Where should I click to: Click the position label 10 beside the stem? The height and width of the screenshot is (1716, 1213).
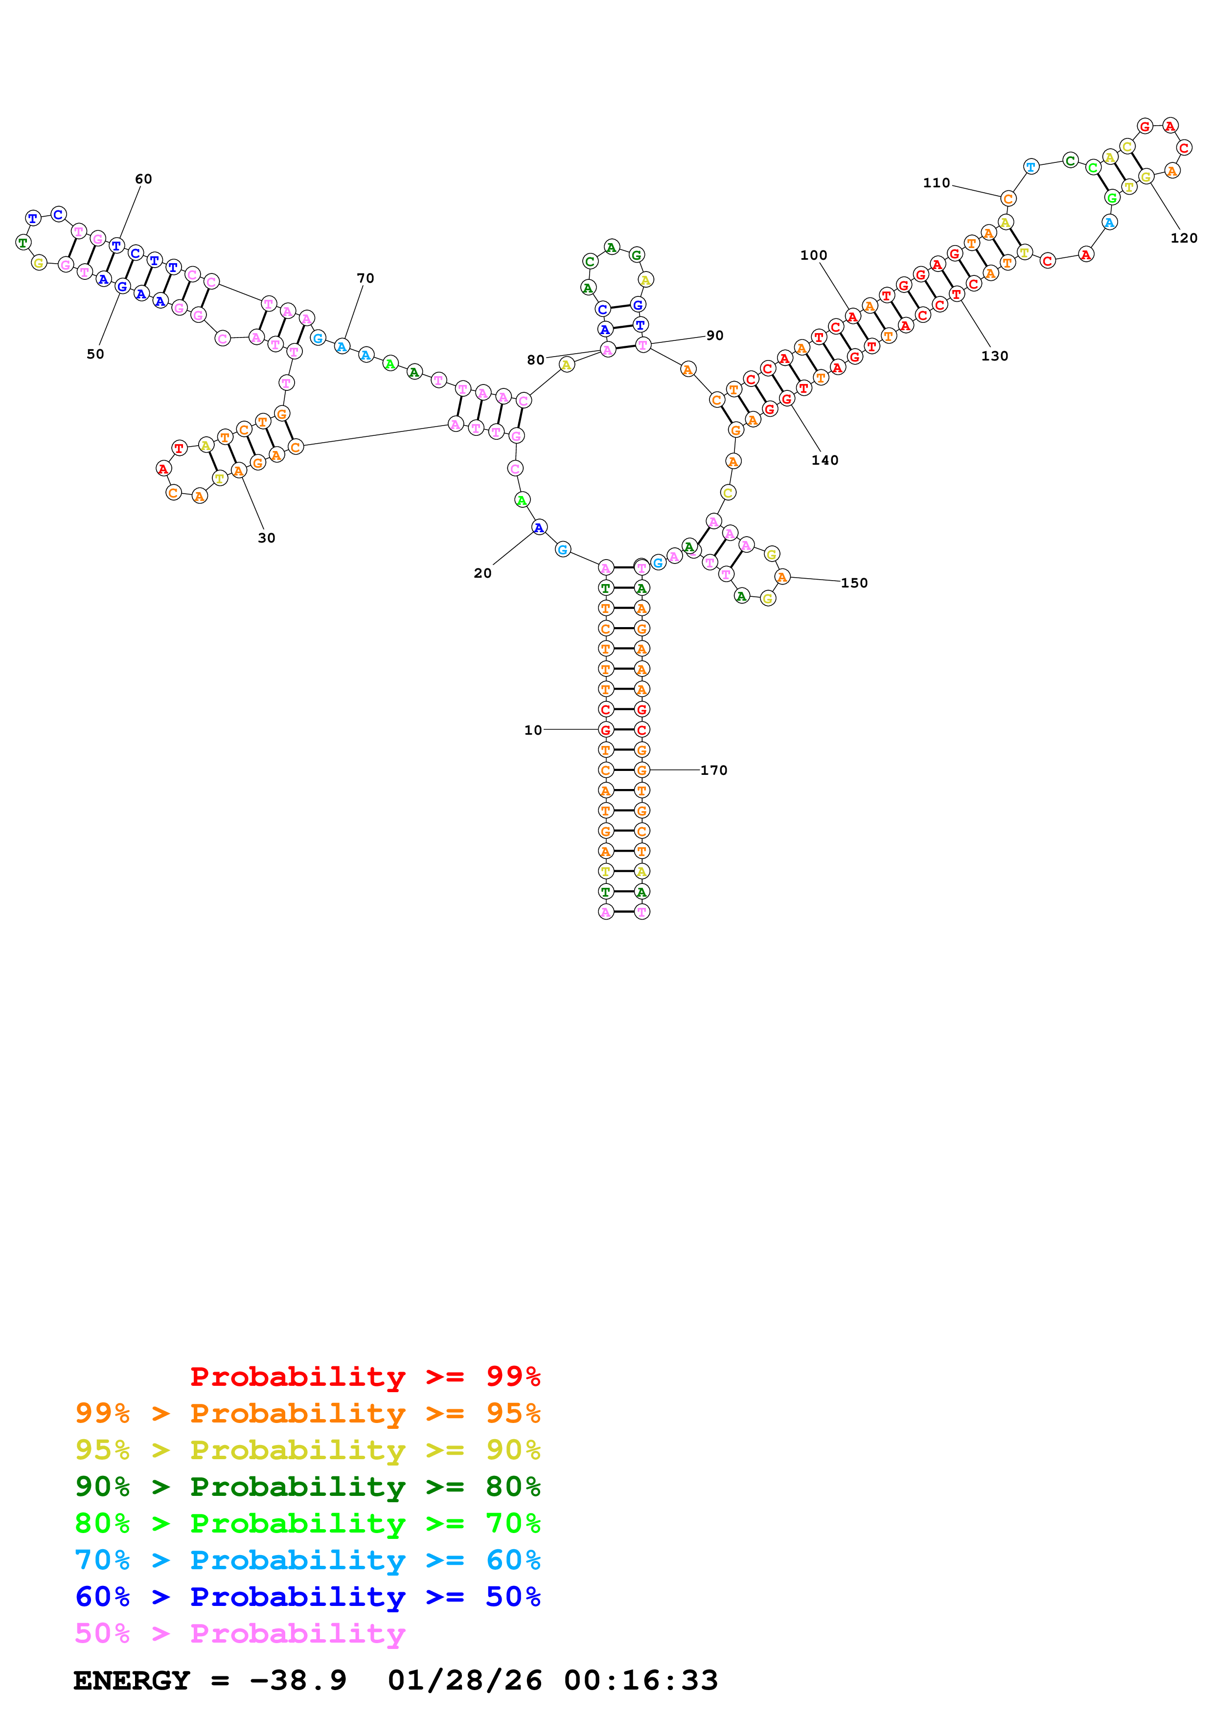click(532, 730)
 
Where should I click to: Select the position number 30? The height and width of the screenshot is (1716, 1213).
click(266, 538)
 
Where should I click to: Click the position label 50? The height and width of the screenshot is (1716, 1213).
click(95, 354)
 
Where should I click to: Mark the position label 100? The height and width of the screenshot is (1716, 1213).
click(813, 256)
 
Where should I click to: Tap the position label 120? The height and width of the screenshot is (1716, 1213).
click(1183, 238)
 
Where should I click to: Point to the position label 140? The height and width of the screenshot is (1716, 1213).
click(824, 460)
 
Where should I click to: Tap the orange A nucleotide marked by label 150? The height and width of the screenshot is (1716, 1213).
click(782, 577)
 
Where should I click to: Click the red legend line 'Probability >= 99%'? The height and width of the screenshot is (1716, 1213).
click(365, 1376)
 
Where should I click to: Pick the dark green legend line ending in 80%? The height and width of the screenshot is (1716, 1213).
click(307, 1487)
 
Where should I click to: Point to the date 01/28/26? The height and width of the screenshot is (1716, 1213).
click(464, 1680)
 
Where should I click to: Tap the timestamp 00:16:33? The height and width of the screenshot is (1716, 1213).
click(641, 1680)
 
